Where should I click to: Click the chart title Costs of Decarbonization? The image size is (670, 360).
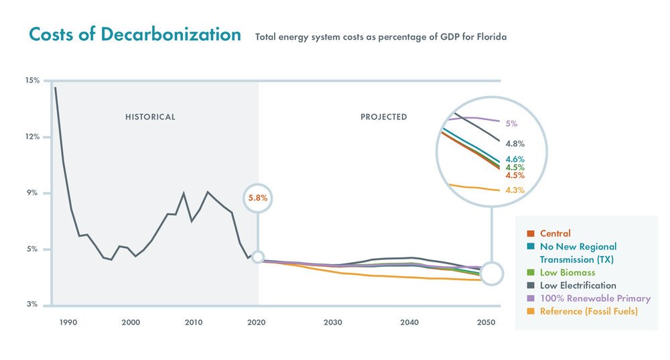pos(135,35)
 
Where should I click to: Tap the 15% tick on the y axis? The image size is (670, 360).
pos(32,80)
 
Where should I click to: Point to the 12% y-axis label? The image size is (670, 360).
pos(32,137)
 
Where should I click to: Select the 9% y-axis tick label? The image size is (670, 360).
pos(34,193)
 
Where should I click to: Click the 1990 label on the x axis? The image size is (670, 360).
pos(68,322)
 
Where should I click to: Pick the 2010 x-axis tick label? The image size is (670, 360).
pos(194,322)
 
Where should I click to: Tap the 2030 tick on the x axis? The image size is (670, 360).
pos(332,322)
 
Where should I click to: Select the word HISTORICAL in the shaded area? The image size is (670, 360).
pos(150,117)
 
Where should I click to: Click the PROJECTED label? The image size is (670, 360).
pos(383,117)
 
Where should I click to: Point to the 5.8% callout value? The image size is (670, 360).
pos(258,198)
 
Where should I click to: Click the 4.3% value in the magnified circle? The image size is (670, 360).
pos(515,190)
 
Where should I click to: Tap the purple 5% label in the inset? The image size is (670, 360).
pos(511,124)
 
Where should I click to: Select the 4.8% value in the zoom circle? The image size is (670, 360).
pos(515,143)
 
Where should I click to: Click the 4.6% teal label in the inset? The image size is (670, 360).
pos(515,160)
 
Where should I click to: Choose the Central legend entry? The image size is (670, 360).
pos(555,234)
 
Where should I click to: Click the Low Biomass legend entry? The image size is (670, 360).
pos(567,273)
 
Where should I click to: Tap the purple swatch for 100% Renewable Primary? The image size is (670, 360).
pos(531,298)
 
